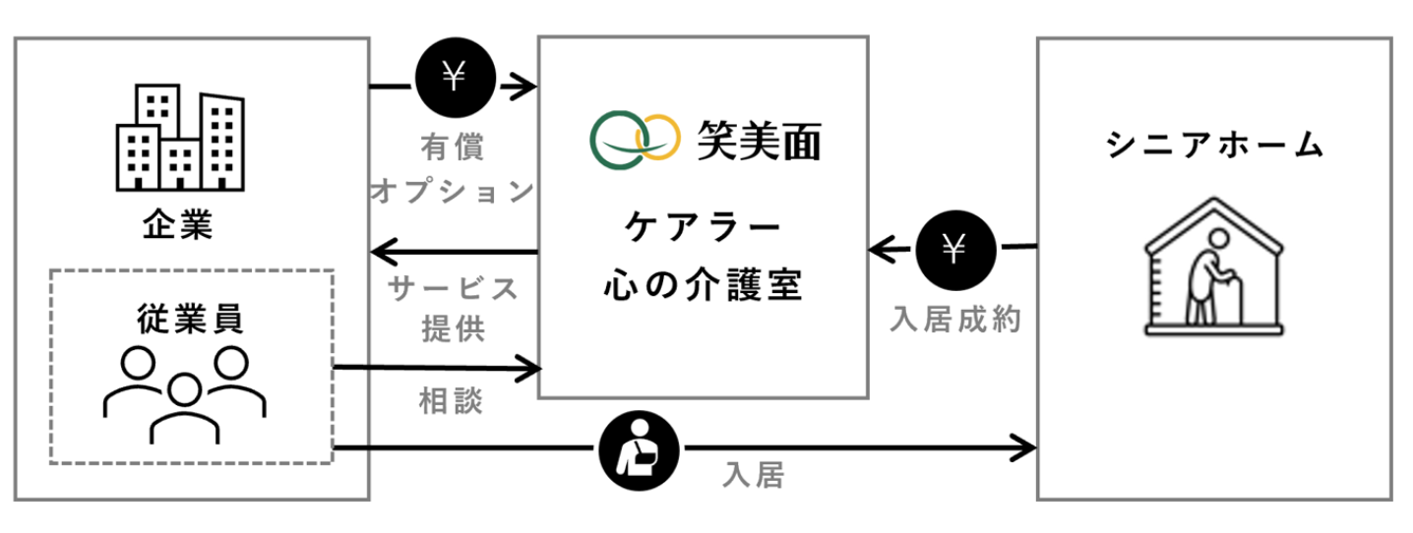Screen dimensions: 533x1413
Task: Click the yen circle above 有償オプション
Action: click(453, 78)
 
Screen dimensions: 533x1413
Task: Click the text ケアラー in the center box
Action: click(702, 229)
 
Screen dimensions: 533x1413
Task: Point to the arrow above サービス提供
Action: click(454, 253)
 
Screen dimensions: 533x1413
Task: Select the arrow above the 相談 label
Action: click(437, 370)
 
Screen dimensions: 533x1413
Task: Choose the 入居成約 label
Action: click(952, 319)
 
